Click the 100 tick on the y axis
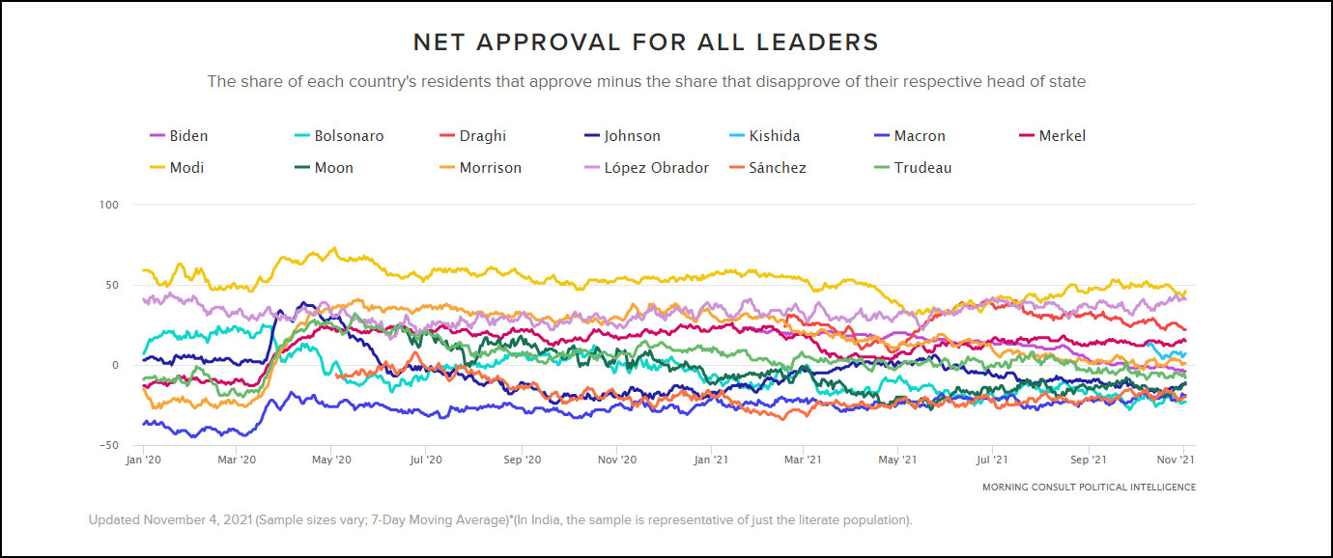pos(108,205)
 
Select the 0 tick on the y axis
pos(114,365)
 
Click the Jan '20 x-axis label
pos(143,460)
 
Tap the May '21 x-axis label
pos(897,460)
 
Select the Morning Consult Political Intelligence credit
pos(1089,488)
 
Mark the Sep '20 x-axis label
pos(522,460)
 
